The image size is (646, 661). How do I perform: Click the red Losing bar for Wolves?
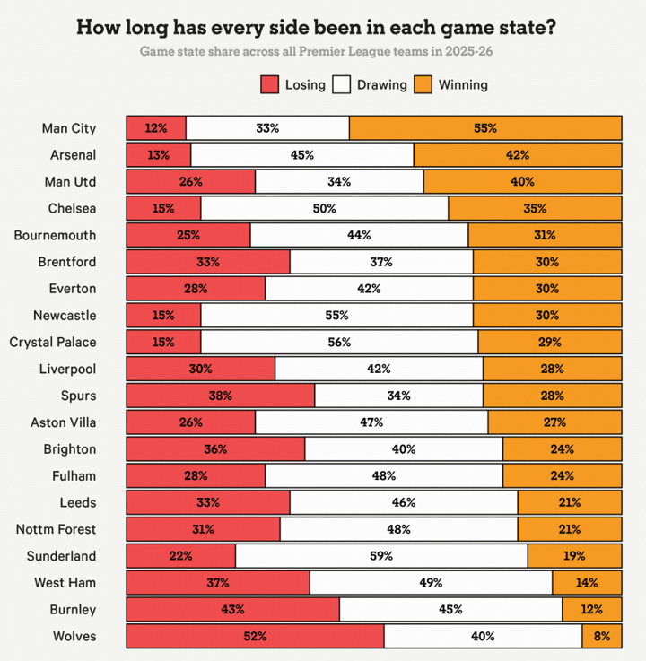point(255,637)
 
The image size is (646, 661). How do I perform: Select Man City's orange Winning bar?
point(484,128)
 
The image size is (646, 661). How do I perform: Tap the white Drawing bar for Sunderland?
point(381,556)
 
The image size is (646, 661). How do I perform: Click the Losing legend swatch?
point(270,85)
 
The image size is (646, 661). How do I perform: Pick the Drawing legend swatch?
point(342,85)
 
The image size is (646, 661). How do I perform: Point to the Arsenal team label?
point(73,155)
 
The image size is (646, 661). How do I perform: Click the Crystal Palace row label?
point(52,342)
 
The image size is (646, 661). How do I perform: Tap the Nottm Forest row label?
point(56,529)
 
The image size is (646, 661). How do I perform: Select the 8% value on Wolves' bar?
point(601,637)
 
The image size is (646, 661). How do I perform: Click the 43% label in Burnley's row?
point(232,610)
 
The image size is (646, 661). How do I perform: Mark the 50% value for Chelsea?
point(324,209)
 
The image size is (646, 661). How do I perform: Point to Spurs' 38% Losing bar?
point(220,396)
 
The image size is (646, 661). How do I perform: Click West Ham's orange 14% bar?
point(587,583)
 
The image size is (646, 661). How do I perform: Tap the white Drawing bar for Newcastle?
point(336,316)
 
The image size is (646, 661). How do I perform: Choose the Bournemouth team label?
point(55,235)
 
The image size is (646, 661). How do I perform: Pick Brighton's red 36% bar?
point(215,449)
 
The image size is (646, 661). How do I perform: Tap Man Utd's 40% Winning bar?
point(522,182)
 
